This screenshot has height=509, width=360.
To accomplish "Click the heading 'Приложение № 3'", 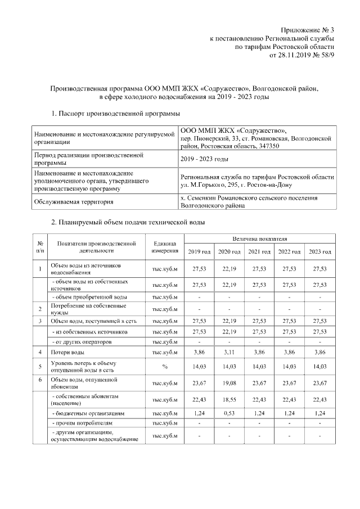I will click(x=308, y=29).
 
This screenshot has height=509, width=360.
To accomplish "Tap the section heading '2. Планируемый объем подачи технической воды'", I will click(x=128, y=223).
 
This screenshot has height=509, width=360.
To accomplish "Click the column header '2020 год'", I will click(x=229, y=251).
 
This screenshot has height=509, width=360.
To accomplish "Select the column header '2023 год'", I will click(x=319, y=251).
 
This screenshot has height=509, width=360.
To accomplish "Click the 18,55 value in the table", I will click(x=229, y=400).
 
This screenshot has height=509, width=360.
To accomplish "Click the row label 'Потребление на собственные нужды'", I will click(x=87, y=309).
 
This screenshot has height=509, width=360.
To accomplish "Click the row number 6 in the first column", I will click(x=40, y=381).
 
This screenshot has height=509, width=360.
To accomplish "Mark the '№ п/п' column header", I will click(x=40, y=246).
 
